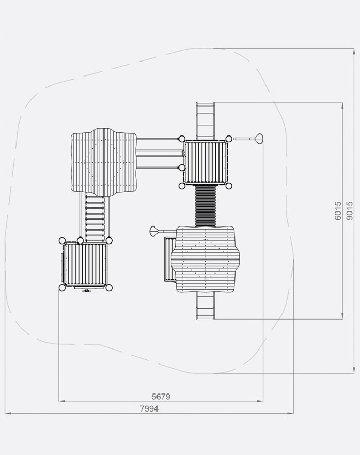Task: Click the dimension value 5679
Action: pyautogui.click(x=161, y=397)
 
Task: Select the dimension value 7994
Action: pyautogui.click(x=149, y=408)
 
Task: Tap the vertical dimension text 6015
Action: pyautogui.click(x=338, y=210)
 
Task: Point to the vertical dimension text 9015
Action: pyautogui.click(x=350, y=210)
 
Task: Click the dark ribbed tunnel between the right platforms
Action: pyautogui.click(x=205, y=206)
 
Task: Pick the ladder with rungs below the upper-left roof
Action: pyautogui.click(x=95, y=218)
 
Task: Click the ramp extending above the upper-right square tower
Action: pyautogui.click(x=205, y=121)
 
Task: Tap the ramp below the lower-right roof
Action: pyautogui.click(x=205, y=305)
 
